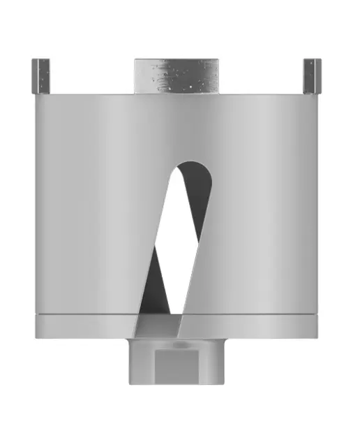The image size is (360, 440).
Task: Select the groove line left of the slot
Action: coord(84,316)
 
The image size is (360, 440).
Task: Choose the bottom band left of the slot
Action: coord(84,328)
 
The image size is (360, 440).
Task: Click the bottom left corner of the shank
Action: coord(130,383)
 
